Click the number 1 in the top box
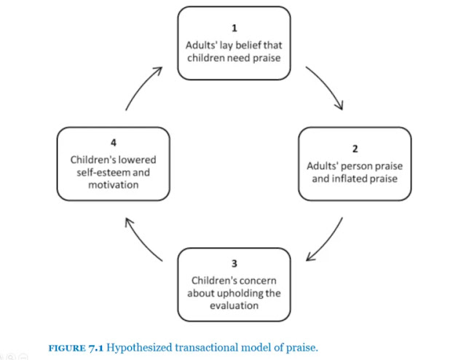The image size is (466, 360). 234,28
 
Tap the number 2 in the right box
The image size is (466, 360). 355,149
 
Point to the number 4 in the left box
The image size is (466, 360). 113,143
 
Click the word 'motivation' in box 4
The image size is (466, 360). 114,185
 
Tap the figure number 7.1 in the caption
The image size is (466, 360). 96,348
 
